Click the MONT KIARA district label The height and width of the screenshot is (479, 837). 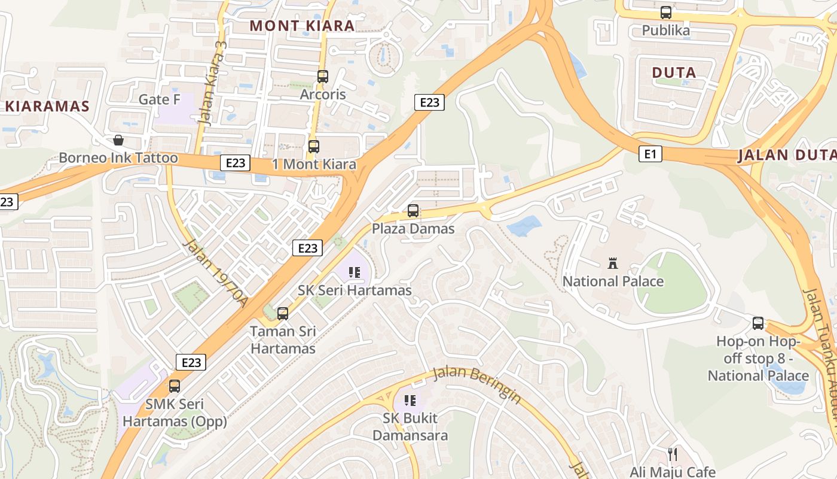[302, 26]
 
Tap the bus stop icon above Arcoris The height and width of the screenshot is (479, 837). [322, 77]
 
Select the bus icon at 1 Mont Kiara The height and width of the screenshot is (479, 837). [313, 146]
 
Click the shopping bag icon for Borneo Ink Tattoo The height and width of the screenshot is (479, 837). [118, 140]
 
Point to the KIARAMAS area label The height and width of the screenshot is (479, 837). [48, 107]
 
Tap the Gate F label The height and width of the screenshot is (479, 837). [159, 99]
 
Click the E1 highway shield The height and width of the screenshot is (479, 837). [650, 154]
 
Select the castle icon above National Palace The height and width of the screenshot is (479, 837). [612, 263]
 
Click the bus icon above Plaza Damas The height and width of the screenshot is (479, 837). [413, 211]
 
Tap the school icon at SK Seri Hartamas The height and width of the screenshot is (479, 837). [355, 272]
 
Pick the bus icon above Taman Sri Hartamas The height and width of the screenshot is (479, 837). [283, 313]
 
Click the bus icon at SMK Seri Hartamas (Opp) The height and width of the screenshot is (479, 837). [175, 386]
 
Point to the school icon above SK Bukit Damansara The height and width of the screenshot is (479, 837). [410, 400]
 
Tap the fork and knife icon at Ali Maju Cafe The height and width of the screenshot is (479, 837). [672, 454]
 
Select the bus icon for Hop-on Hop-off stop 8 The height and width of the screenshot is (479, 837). [758, 323]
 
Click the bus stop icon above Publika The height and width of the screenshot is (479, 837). [665, 12]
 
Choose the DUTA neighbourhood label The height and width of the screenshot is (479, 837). [674, 73]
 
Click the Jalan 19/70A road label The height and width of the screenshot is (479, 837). [215, 273]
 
